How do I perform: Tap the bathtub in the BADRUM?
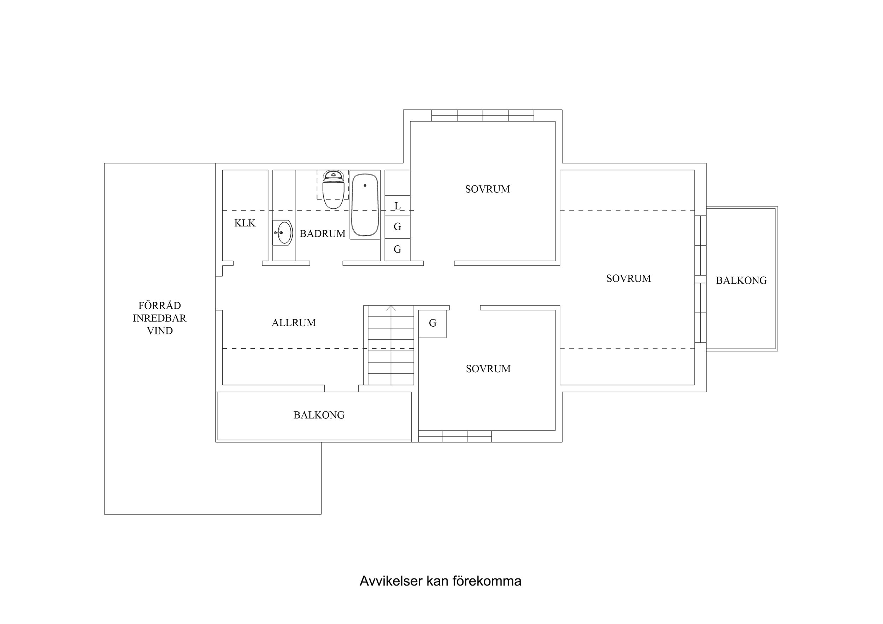365,206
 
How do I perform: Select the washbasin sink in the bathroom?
283,233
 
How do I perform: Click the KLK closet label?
245,223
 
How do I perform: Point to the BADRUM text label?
322,234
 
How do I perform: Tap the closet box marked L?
397,206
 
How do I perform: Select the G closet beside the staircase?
432,323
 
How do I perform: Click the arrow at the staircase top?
391,308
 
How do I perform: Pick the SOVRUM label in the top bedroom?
487,189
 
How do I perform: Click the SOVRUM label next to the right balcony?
628,278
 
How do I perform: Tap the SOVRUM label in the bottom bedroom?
488,369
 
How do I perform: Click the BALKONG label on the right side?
741,281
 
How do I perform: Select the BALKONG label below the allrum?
319,415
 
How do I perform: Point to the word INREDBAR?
160,318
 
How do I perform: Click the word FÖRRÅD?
160,306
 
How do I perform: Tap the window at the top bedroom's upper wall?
482,115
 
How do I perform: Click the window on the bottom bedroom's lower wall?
455,436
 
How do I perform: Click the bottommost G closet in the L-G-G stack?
397,250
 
